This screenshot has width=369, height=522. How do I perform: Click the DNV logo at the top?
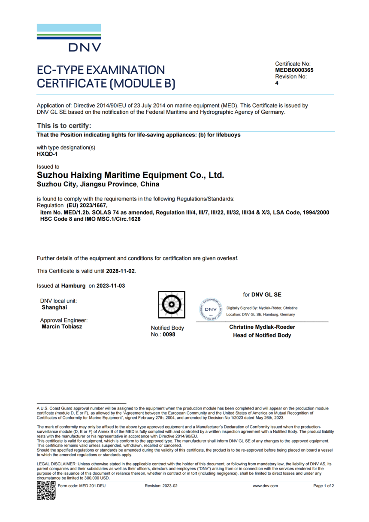(69, 38)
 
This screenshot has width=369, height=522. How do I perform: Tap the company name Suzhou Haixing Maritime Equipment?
(130, 175)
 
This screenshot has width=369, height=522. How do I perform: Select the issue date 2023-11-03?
(110, 285)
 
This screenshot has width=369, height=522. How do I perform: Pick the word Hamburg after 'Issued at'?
(74, 285)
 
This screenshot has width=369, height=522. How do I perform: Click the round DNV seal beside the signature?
(210, 309)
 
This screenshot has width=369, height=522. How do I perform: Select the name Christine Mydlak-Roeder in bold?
(262, 327)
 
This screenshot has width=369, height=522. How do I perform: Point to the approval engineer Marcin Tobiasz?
(62, 327)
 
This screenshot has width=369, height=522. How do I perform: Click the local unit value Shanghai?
(54, 307)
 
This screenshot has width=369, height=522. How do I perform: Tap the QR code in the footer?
(46, 490)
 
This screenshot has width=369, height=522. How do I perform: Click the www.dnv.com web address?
(265, 486)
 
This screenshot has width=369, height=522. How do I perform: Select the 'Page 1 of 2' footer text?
(324, 486)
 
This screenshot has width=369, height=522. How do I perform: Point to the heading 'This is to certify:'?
(64, 126)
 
